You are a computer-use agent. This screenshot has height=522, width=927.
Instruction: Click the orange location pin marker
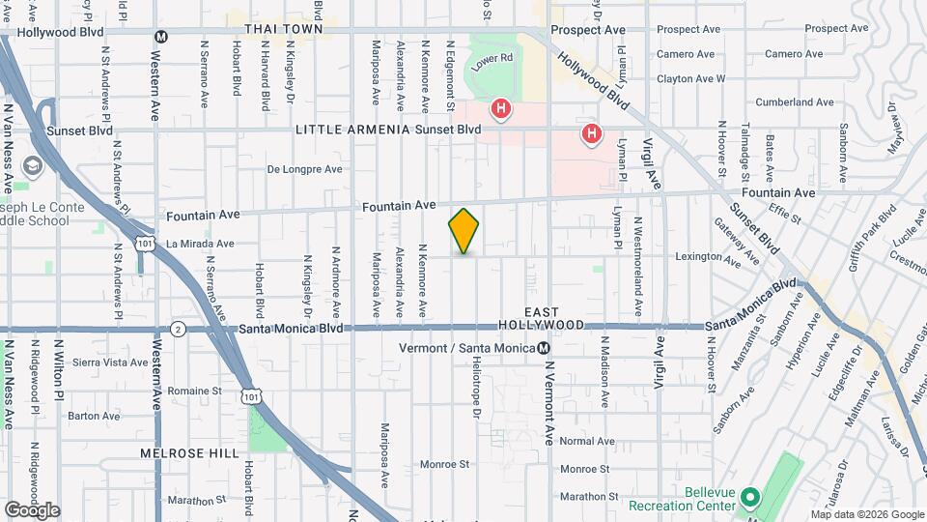(x=464, y=231)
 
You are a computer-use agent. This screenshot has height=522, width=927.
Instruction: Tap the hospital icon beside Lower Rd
(x=500, y=109)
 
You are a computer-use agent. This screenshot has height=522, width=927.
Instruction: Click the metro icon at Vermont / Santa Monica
(x=545, y=348)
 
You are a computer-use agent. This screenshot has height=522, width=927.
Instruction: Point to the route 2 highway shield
(x=178, y=329)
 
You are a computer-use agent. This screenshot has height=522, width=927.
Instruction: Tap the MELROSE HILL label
(x=183, y=452)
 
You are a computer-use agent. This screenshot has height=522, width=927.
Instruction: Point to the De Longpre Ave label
(x=304, y=169)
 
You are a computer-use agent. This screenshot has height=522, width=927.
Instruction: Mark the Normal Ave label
(x=587, y=442)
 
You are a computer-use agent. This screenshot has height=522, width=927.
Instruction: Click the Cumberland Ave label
(x=796, y=101)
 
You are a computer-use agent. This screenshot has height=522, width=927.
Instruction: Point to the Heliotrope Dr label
(x=477, y=385)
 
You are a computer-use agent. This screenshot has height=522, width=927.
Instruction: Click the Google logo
(x=32, y=510)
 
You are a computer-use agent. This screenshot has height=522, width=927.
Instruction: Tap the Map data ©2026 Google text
(x=866, y=514)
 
